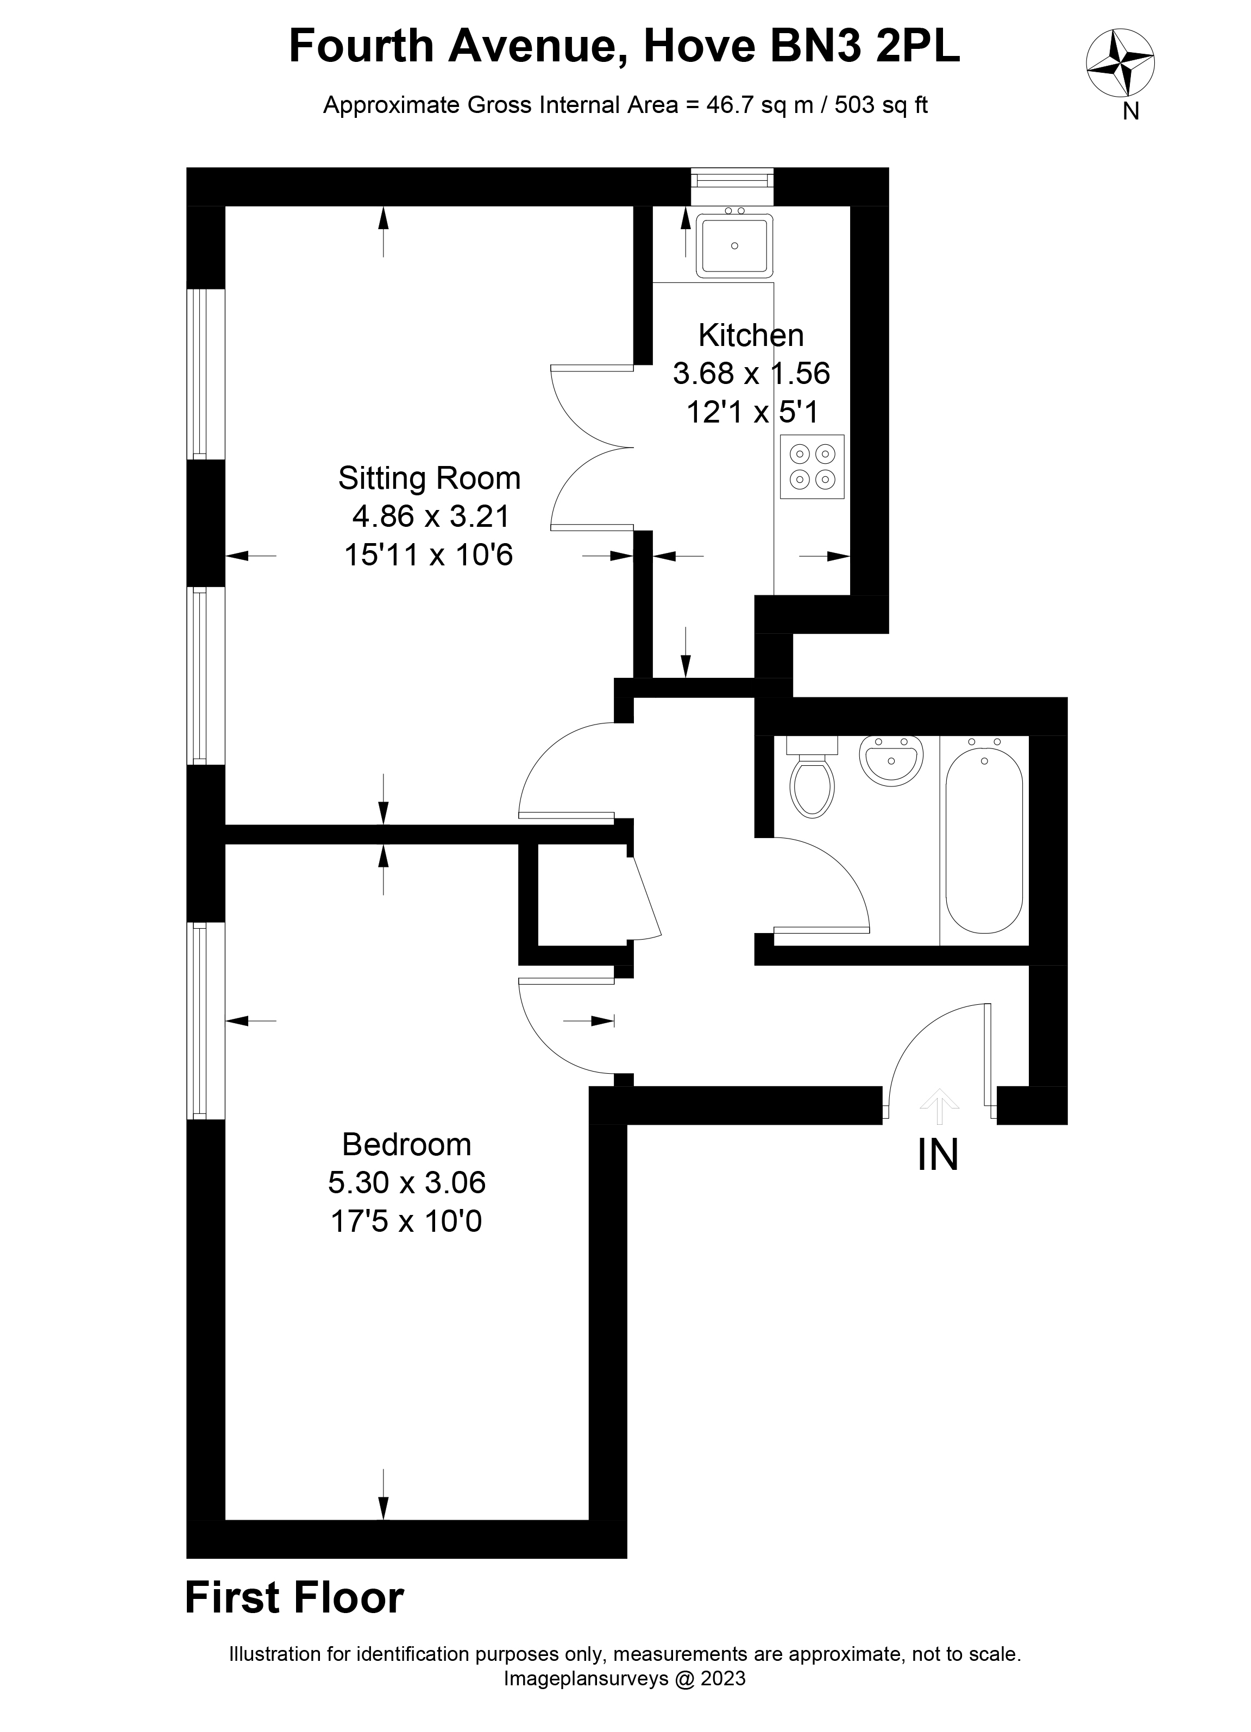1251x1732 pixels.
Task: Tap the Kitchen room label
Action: click(751, 335)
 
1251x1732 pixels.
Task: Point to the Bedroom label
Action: click(406, 1144)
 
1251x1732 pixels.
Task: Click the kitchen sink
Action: click(734, 244)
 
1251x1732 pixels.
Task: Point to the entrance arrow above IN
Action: click(939, 1106)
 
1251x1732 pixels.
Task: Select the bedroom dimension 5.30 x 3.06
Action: click(406, 1182)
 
